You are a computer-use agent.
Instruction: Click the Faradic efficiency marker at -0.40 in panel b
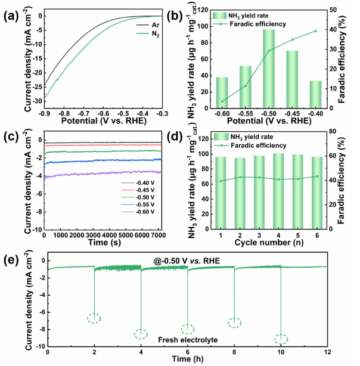[315, 31]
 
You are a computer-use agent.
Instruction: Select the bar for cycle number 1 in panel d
[221, 191]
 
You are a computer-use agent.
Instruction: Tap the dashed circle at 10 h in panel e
[281, 339]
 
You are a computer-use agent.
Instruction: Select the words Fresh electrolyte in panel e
[187, 340]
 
